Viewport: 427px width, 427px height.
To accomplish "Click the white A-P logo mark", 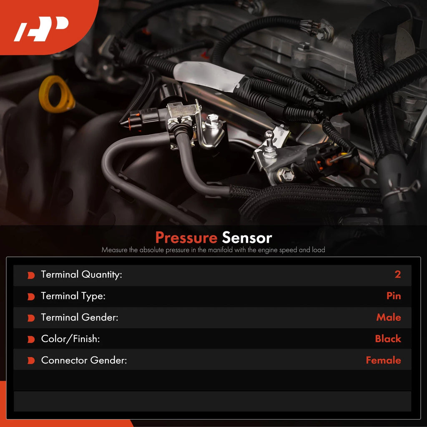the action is point(41,29).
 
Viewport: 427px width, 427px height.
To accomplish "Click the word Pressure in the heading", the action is point(186,237).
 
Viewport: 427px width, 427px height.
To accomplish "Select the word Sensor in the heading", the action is point(247,238).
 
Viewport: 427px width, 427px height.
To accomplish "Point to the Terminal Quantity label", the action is point(81,274).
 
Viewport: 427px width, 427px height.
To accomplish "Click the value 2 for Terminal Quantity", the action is point(397,274).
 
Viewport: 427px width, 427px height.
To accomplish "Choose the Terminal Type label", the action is point(73,296).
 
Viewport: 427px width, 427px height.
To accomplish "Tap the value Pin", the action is point(394,296).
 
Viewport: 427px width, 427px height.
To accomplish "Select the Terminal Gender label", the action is point(80,317).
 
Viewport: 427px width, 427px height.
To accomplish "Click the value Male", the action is point(389,317).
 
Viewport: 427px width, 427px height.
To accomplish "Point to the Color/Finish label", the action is point(70,339).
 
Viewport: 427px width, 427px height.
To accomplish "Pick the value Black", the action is point(388,339).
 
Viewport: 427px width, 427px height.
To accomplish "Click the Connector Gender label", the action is point(84,360).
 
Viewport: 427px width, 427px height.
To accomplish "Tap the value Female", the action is point(383,360).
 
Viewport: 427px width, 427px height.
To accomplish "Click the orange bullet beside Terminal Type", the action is point(31,296).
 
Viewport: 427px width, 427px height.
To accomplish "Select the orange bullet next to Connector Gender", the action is point(31,361).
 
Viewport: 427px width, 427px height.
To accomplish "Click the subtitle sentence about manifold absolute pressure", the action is point(213,250).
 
